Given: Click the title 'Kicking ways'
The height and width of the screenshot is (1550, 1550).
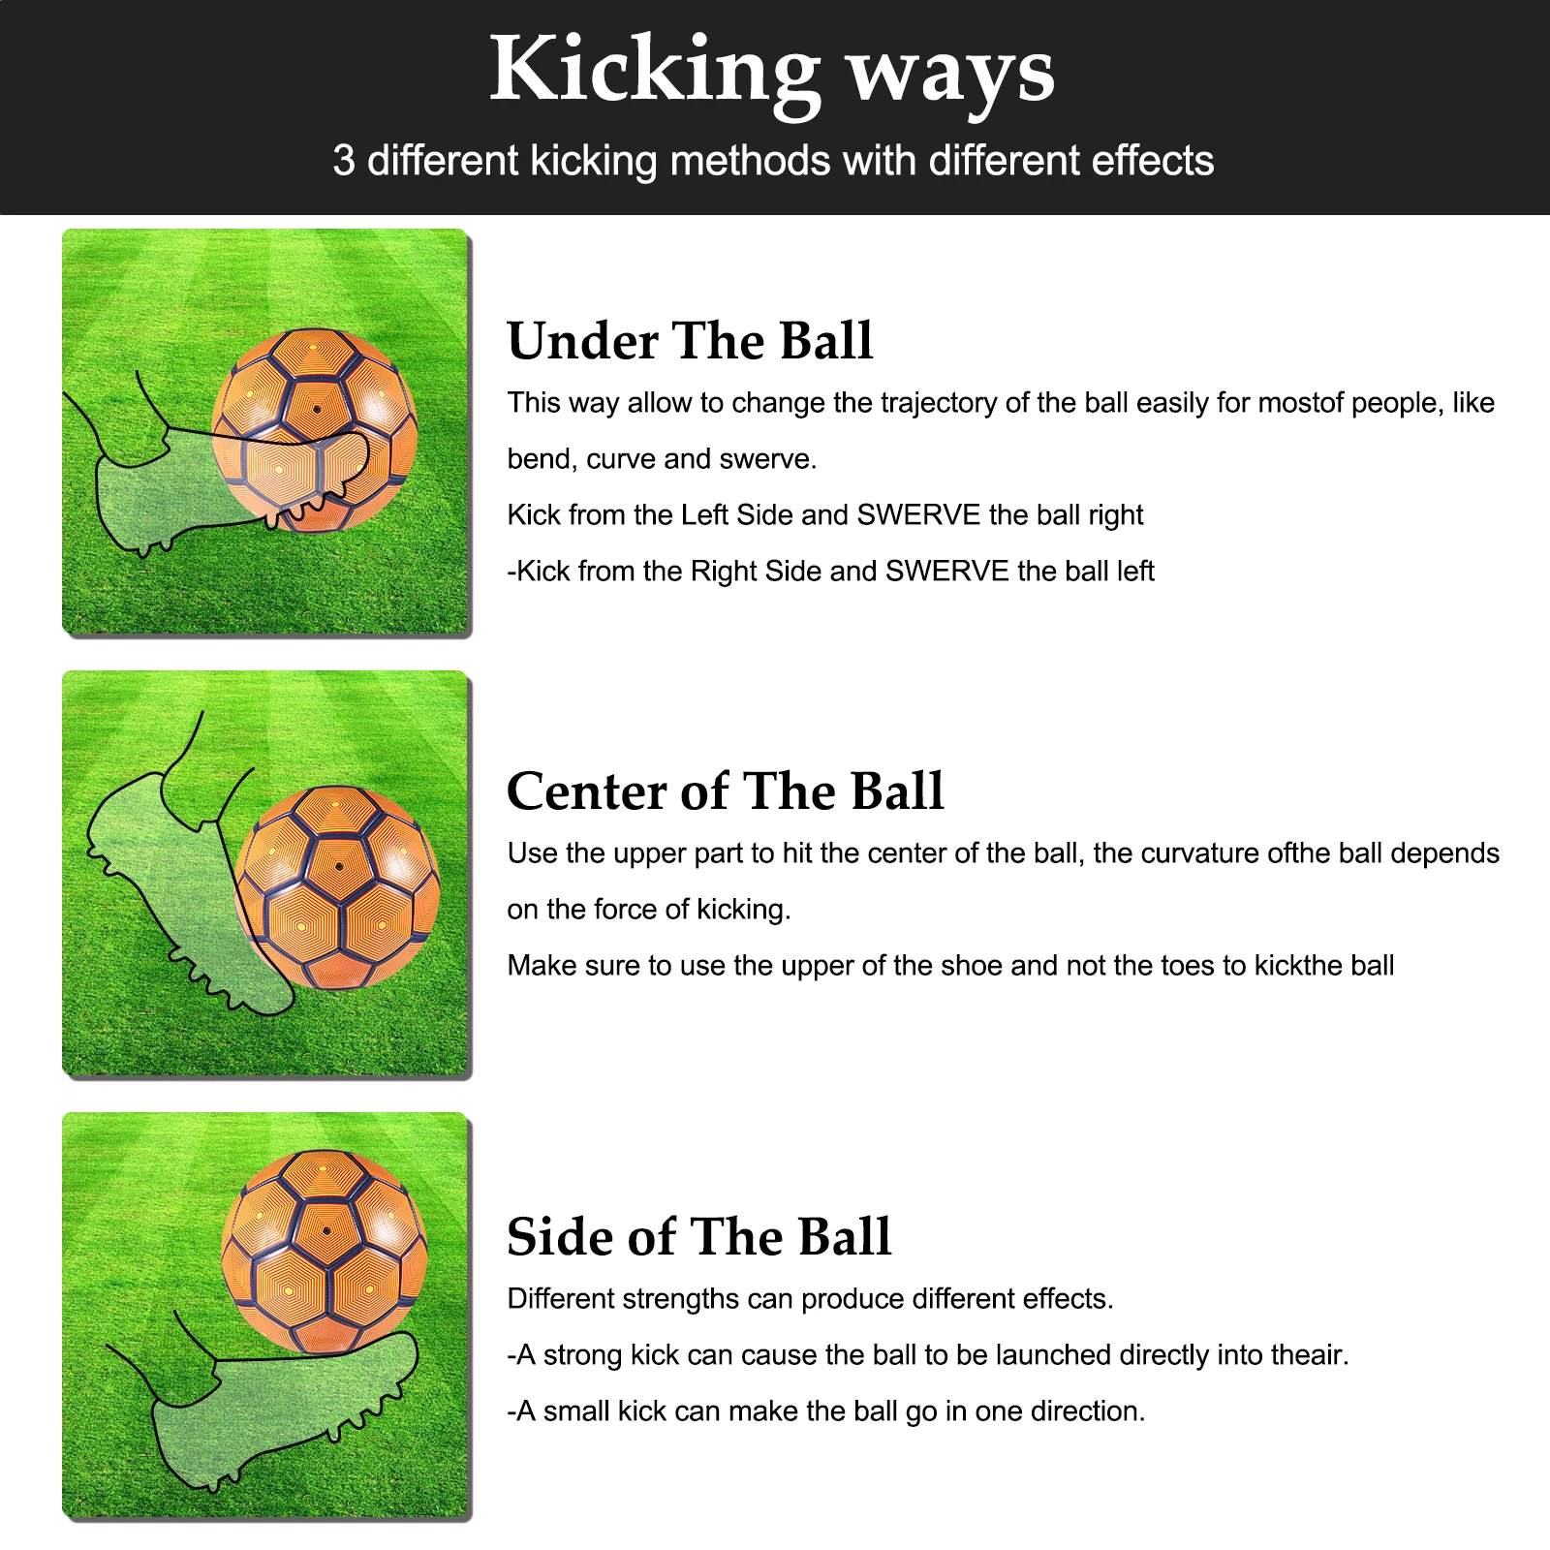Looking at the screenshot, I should point(772,70).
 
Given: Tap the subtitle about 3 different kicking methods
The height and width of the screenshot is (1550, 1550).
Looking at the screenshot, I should point(772,161).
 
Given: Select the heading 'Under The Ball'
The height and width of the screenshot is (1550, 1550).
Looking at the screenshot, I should point(690,341).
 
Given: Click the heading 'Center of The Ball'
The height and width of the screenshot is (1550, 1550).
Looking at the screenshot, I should point(725,791).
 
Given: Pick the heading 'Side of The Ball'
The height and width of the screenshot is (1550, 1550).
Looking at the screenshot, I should point(698,1237).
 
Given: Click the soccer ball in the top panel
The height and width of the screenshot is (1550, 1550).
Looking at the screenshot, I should point(315,429).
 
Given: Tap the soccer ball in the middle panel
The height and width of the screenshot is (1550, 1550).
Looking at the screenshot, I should point(338,886).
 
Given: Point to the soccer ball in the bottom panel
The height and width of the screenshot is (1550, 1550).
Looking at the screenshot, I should point(324,1250).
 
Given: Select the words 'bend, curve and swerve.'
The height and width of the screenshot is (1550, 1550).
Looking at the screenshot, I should point(662,459).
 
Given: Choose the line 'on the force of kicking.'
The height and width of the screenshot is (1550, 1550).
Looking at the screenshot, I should point(648,910).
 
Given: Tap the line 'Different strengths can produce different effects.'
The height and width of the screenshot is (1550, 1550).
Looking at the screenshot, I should point(810,1299).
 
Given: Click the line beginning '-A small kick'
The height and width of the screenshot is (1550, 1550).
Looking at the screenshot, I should point(825,1411).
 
